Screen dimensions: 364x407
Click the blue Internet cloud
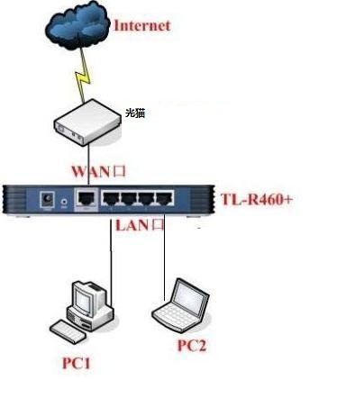77,25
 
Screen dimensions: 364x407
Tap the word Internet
142,25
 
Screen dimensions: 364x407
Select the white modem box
87,122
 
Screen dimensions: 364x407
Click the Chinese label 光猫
135,113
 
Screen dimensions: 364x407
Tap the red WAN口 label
98,171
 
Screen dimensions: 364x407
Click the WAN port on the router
86,198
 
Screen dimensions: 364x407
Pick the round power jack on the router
48,199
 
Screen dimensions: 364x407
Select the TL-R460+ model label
257,199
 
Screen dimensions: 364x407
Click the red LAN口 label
140,225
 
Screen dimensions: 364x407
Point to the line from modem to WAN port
88,165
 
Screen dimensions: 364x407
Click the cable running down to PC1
111,262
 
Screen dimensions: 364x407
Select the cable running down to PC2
164,257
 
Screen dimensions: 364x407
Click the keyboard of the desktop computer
68,331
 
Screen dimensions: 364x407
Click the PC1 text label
77,363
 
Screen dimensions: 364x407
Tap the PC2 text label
192,345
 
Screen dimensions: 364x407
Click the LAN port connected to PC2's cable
164,198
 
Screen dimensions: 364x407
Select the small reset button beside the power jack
64,202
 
